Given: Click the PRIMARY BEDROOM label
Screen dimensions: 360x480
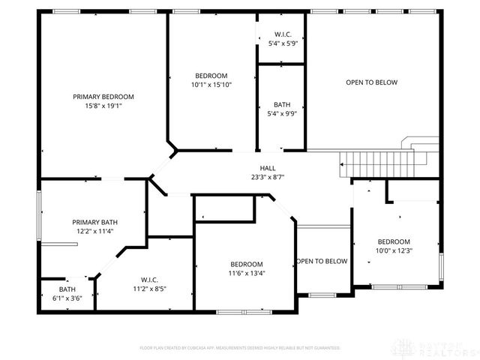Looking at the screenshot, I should click(x=103, y=97).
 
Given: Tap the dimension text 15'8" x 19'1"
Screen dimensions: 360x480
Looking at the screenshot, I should click(x=103, y=106).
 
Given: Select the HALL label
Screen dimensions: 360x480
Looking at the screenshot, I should click(x=267, y=168).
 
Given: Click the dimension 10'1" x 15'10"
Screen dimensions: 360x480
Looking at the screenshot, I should click(x=211, y=85).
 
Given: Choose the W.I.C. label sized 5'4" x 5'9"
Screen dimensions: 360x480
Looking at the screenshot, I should click(x=283, y=34).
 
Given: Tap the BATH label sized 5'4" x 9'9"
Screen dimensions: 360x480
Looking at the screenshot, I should click(x=283, y=105).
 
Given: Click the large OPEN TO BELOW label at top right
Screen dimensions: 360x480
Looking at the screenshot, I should click(x=371, y=82).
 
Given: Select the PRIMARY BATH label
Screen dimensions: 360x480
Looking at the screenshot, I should click(x=94, y=222).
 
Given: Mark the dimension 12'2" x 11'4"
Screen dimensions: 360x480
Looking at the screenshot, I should click(x=94, y=231).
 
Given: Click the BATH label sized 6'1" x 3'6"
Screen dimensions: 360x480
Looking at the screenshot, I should click(x=67, y=289).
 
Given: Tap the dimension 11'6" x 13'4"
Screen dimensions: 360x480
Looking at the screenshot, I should click(x=246, y=273).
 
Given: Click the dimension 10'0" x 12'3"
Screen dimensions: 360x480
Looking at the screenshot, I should click(x=394, y=250).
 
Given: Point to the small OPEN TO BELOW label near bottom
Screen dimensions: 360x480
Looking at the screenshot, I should click(x=322, y=261).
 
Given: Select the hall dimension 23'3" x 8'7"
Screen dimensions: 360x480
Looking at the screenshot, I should click(x=267, y=177).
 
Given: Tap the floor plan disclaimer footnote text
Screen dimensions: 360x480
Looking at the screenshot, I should click(x=240, y=348).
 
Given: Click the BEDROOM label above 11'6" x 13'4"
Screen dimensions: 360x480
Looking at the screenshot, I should click(x=246, y=264).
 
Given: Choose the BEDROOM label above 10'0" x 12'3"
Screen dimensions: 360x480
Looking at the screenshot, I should click(x=394, y=241).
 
